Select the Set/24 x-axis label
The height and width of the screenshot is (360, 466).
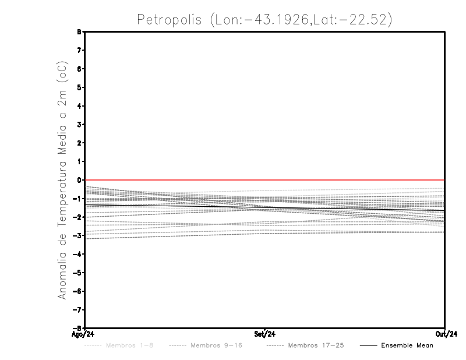[265, 334]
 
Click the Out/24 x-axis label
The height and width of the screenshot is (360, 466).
[445, 334]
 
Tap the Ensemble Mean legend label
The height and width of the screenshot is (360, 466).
[407, 345]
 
